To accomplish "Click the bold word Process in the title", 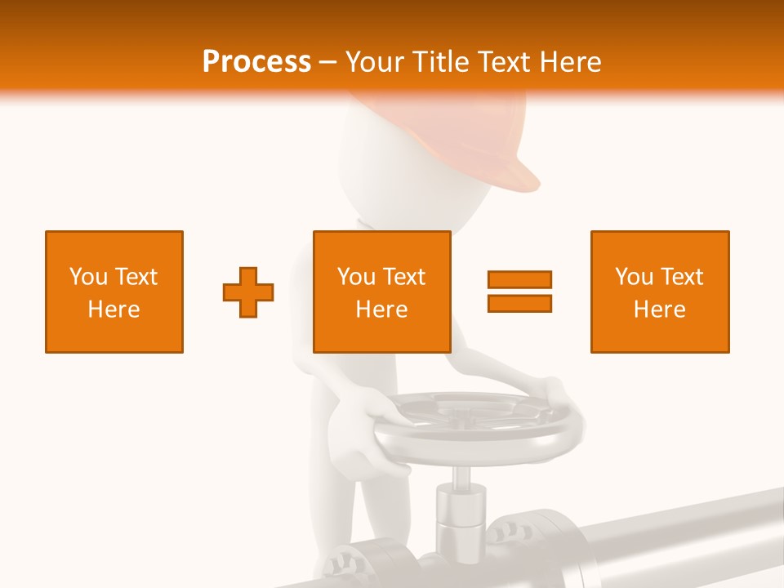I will click(256, 61).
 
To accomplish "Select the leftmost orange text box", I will click(114, 292).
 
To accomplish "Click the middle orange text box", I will click(381, 292).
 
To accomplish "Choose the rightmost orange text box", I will click(659, 292).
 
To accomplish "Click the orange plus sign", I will click(248, 292).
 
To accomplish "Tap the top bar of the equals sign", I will click(519, 279).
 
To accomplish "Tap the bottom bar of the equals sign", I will click(519, 303).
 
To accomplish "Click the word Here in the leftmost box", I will click(114, 310).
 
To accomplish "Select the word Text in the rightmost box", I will click(680, 277).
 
